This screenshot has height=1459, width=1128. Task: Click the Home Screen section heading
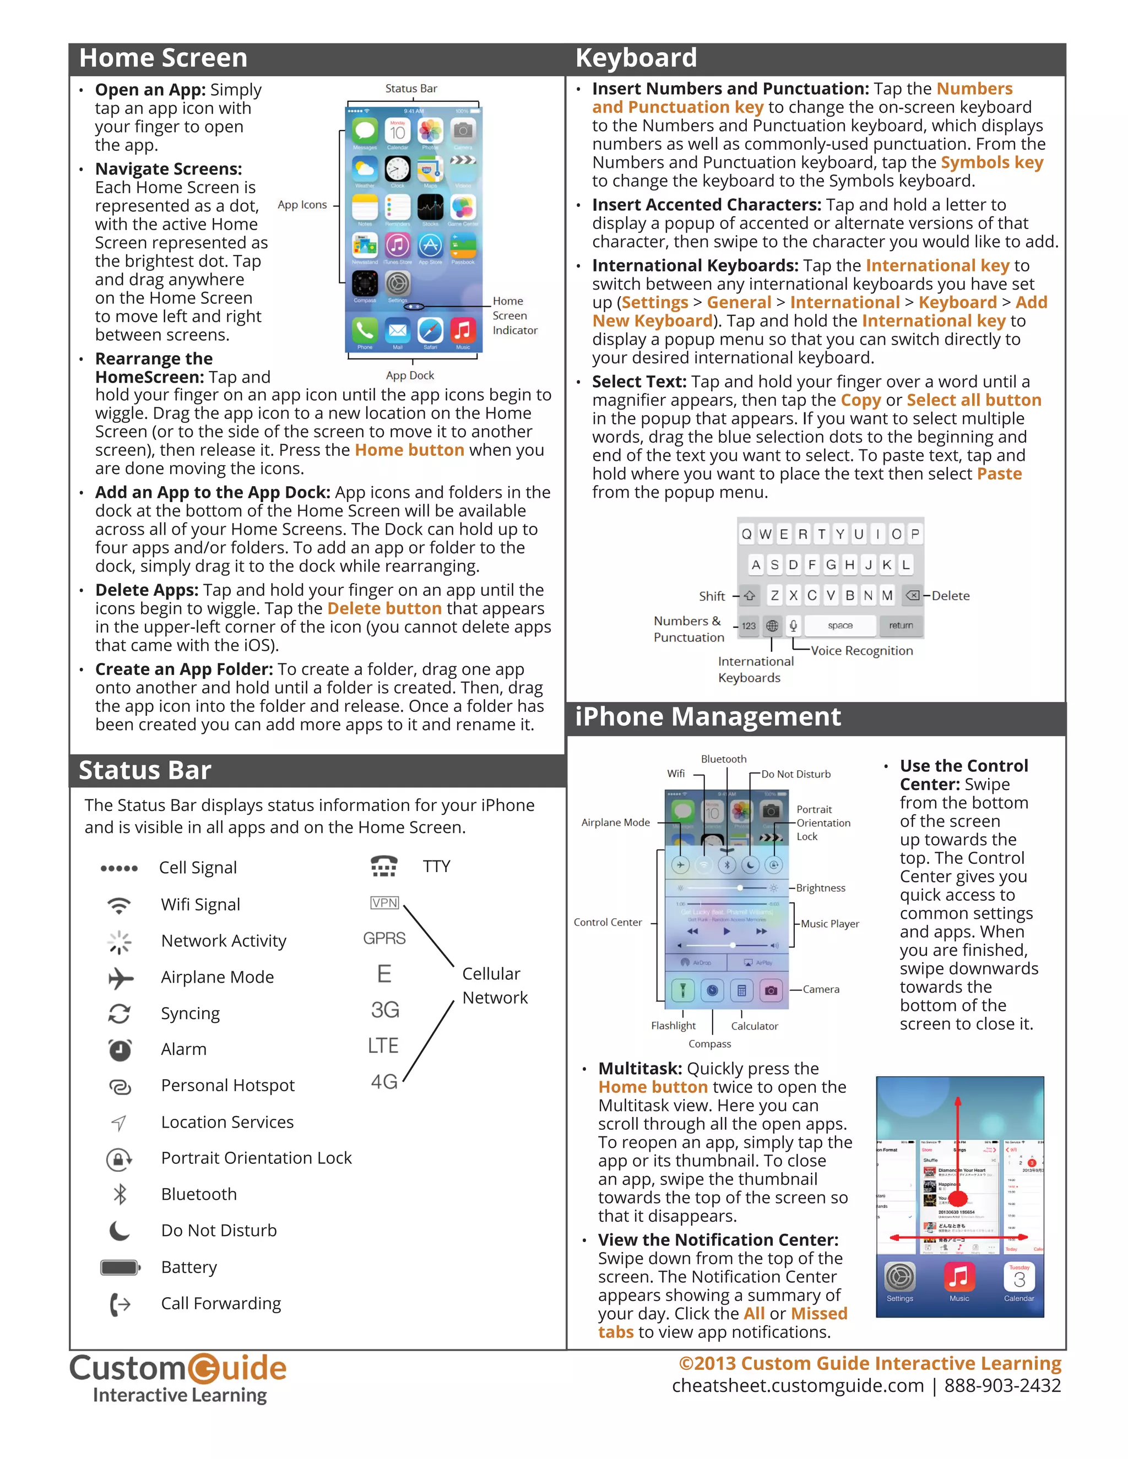click(x=163, y=58)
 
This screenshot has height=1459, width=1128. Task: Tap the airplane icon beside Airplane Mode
click(x=120, y=978)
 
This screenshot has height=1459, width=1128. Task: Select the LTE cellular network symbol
click(x=383, y=1046)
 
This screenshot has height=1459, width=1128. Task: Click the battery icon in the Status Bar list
click(x=120, y=1267)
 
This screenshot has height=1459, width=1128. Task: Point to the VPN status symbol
click(x=384, y=903)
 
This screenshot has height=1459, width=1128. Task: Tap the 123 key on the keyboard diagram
click(x=749, y=626)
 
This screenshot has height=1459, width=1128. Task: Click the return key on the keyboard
click(x=900, y=625)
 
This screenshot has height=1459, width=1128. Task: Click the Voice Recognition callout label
click(x=861, y=651)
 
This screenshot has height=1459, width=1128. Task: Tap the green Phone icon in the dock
click(x=365, y=330)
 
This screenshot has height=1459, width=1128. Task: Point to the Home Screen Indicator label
click(x=514, y=315)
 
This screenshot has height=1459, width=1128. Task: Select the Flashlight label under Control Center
click(x=673, y=1026)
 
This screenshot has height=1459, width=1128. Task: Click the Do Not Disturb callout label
click(x=795, y=774)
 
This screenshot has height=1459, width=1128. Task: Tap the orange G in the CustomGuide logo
click(x=203, y=1368)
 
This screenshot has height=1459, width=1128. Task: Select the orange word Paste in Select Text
click(x=999, y=474)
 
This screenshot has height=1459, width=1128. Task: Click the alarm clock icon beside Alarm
click(x=120, y=1050)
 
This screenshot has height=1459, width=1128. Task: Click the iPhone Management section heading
click(x=708, y=717)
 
